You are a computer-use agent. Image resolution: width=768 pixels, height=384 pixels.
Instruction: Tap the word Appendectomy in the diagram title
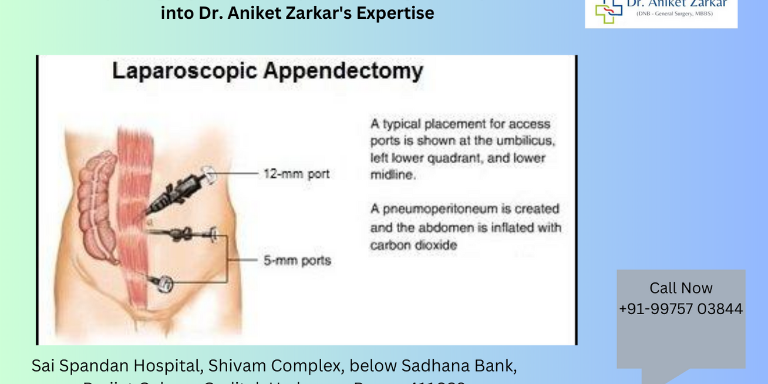click(x=343, y=71)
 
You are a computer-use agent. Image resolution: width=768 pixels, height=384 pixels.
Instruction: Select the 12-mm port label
click(x=297, y=174)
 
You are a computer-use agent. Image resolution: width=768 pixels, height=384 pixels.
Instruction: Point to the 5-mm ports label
click(x=297, y=260)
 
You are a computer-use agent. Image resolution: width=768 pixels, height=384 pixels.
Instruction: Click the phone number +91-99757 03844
click(x=681, y=309)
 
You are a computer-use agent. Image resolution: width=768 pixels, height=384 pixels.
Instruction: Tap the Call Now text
click(x=681, y=288)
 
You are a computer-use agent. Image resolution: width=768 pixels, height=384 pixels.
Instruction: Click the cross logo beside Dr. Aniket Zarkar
click(x=608, y=10)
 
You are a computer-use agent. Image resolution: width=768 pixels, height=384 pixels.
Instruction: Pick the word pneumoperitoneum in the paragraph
click(x=440, y=209)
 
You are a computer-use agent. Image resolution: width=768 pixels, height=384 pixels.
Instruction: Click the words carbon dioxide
click(x=413, y=245)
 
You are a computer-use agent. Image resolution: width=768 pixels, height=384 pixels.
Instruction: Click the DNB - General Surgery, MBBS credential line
click(x=675, y=14)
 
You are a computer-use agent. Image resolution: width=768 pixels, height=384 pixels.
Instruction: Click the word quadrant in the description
click(x=459, y=158)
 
